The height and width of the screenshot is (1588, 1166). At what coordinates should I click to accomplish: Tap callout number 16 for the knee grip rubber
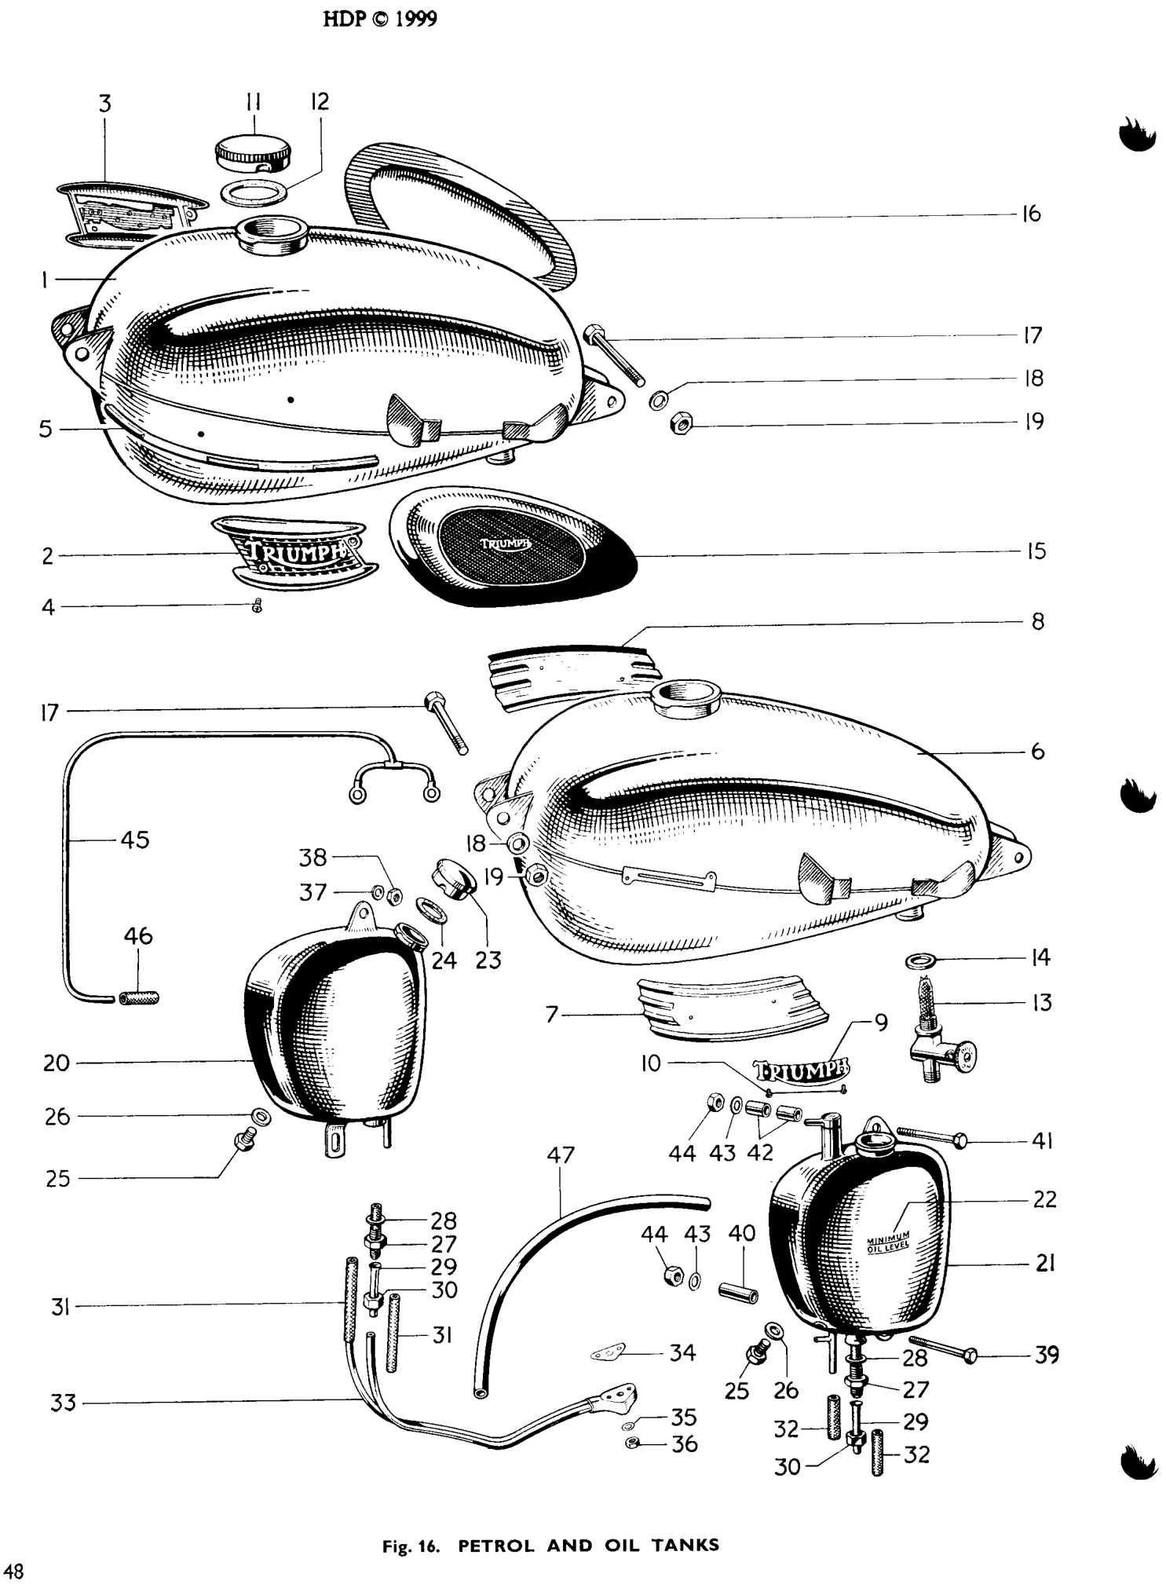(1031, 214)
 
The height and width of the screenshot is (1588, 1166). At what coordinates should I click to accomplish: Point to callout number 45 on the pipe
(134, 840)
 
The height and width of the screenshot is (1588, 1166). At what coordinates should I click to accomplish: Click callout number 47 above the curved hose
(561, 1155)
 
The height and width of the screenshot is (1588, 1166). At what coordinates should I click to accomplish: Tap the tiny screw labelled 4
(256, 606)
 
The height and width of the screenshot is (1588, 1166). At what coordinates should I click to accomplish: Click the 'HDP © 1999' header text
(380, 19)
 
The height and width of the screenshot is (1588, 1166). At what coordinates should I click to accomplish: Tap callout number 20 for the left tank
(57, 1063)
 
